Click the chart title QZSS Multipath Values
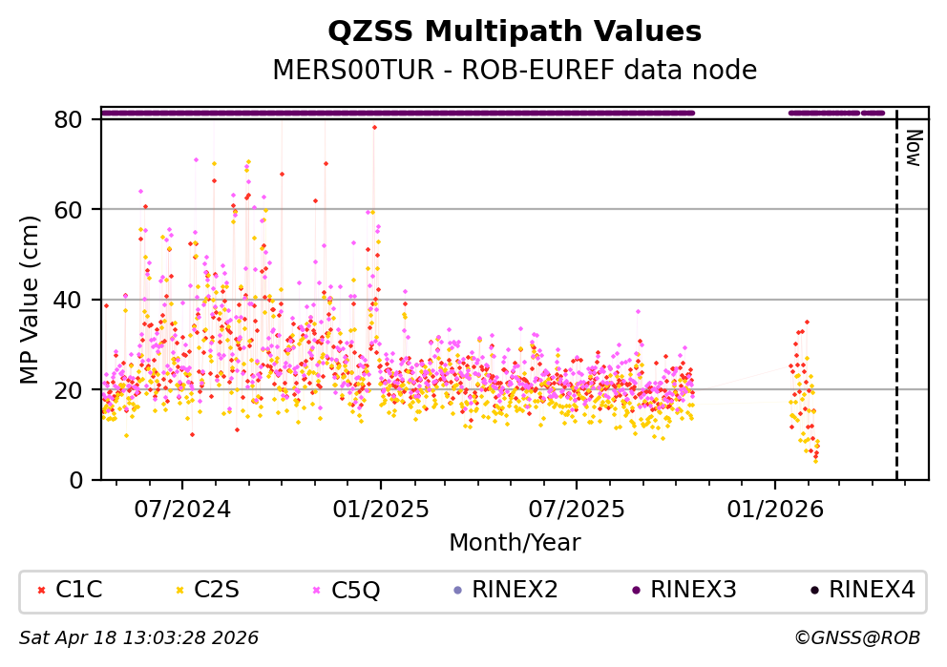515,32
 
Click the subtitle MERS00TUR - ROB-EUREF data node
515,71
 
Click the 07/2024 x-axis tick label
182,509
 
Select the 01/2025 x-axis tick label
381,509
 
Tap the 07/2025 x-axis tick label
577,509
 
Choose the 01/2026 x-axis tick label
774,509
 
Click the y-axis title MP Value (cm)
31,300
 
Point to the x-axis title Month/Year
515,543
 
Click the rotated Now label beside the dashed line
913,148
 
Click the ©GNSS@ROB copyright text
856,637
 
